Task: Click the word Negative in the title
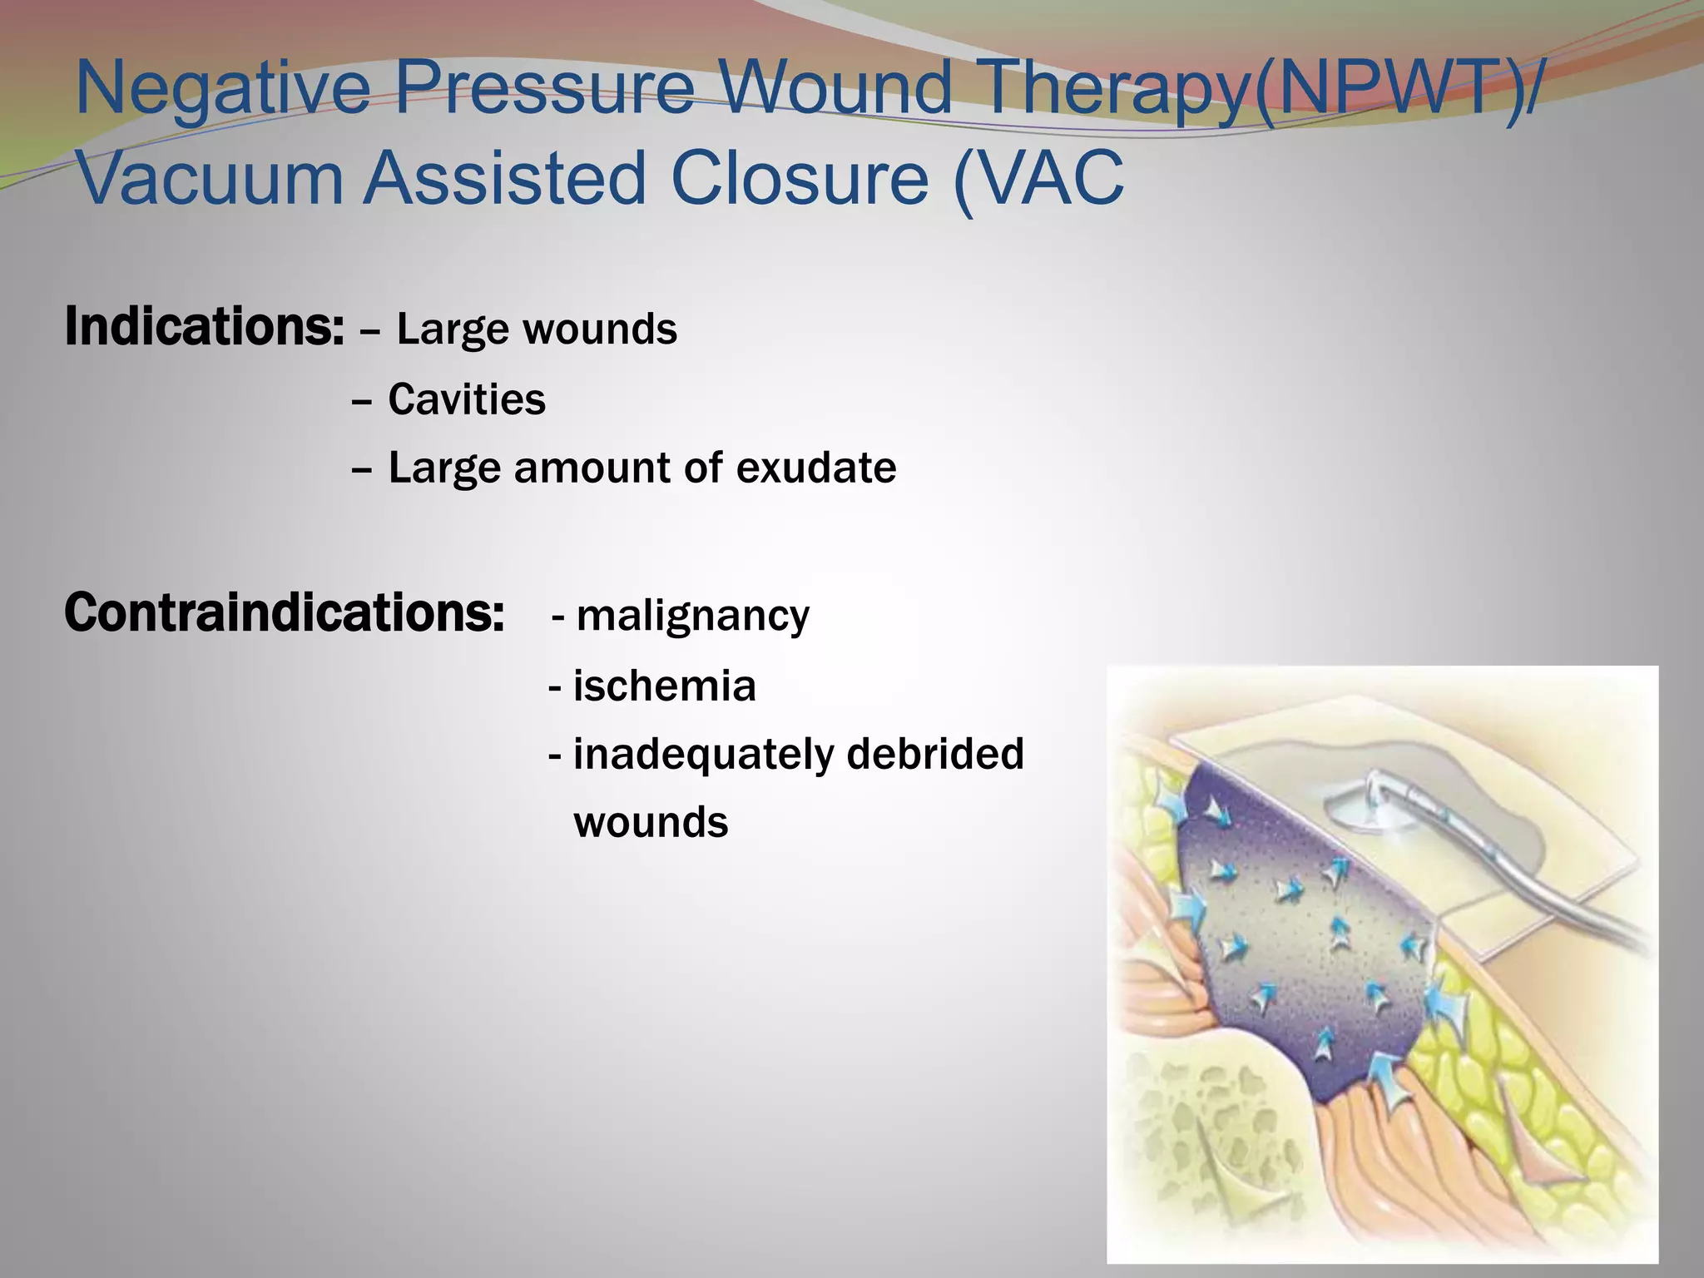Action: click(222, 89)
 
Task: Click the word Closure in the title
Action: click(800, 178)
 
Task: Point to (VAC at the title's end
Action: click(1040, 178)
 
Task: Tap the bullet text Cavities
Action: click(467, 400)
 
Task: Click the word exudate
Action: click(816, 468)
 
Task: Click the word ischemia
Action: click(664, 686)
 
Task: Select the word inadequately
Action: click(703, 755)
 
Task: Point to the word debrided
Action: click(935, 754)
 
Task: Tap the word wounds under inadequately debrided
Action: click(651, 823)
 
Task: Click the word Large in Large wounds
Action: click(452, 329)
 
